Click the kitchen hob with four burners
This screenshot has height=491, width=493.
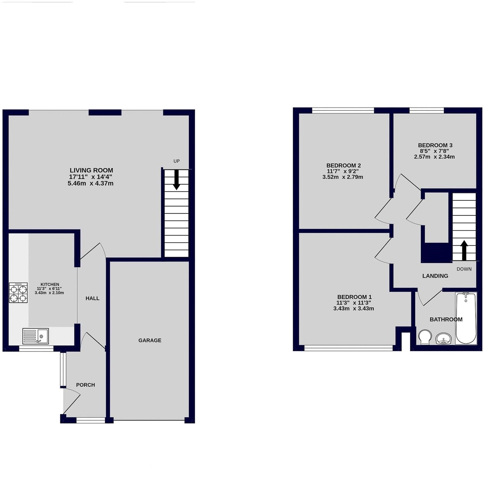pos(18,293)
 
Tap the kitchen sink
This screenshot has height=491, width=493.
pos(35,336)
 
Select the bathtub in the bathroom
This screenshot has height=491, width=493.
pos(466,318)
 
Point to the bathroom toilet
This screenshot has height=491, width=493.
pos(425,337)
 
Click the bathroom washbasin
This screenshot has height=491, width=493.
pos(443,339)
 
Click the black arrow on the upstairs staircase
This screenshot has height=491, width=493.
pos(464,250)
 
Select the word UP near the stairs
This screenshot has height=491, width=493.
pos(177,161)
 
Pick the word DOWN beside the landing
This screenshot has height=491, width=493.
pos(464,269)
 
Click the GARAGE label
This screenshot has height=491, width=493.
pos(150,340)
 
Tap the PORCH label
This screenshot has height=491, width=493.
pos(85,385)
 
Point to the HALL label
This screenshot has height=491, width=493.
pos(92,298)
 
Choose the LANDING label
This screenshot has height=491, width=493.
pos(435,276)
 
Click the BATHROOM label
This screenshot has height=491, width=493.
pos(446,319)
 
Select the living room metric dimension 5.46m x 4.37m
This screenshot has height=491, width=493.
pos(90,184)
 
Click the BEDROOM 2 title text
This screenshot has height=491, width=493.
pos(344,165)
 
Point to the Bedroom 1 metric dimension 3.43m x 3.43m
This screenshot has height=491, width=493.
pos(354,309)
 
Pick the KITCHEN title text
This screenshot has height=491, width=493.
pos(50,284)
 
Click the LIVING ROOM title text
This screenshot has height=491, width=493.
pos(91,170)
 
